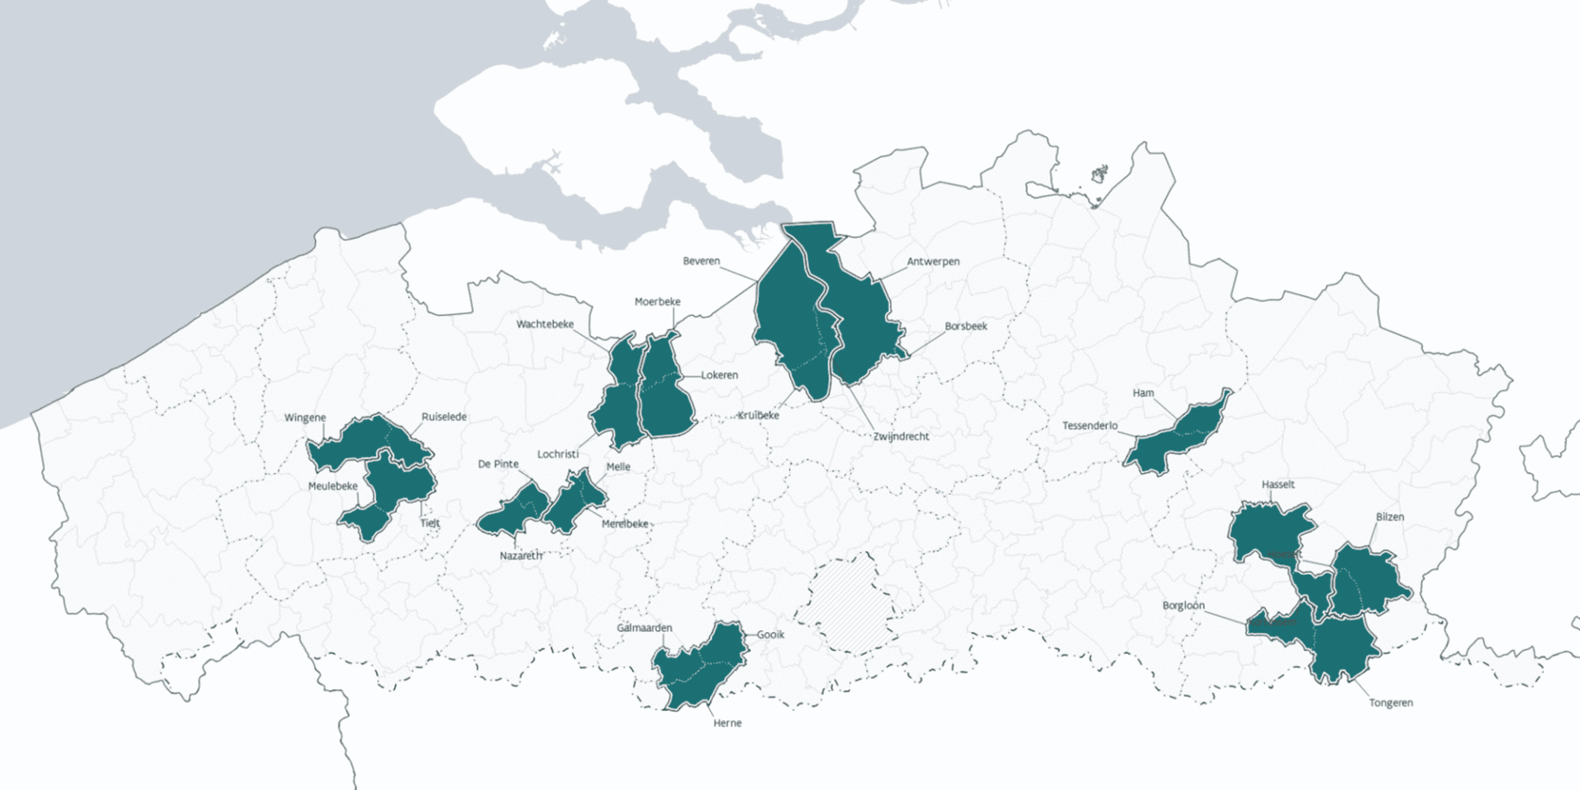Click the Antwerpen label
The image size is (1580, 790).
click(933, 261)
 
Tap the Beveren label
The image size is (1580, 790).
click(701, 261)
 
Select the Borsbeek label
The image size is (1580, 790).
click(966, 326)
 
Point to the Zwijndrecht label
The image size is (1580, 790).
click(901, 436)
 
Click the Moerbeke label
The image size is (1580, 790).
click(657, 302)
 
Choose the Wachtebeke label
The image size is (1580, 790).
click(545, 324)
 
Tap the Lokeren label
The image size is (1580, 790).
click(719, 375)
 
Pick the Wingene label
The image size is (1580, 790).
click(305, 418)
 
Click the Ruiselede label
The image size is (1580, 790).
click(444, 417)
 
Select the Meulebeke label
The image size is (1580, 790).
click(333, 486)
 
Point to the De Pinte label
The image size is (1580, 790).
click(498, 464)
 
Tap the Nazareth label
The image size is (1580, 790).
click(520, 556)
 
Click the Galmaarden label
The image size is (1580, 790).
click(644, 628)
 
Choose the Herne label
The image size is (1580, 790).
click(727, 723)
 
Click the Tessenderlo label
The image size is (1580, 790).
click(1090, 426)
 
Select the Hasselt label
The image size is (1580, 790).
click(1278, 484)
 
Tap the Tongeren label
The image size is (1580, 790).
click(1390, 703)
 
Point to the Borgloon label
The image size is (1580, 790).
click(1183, 606)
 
